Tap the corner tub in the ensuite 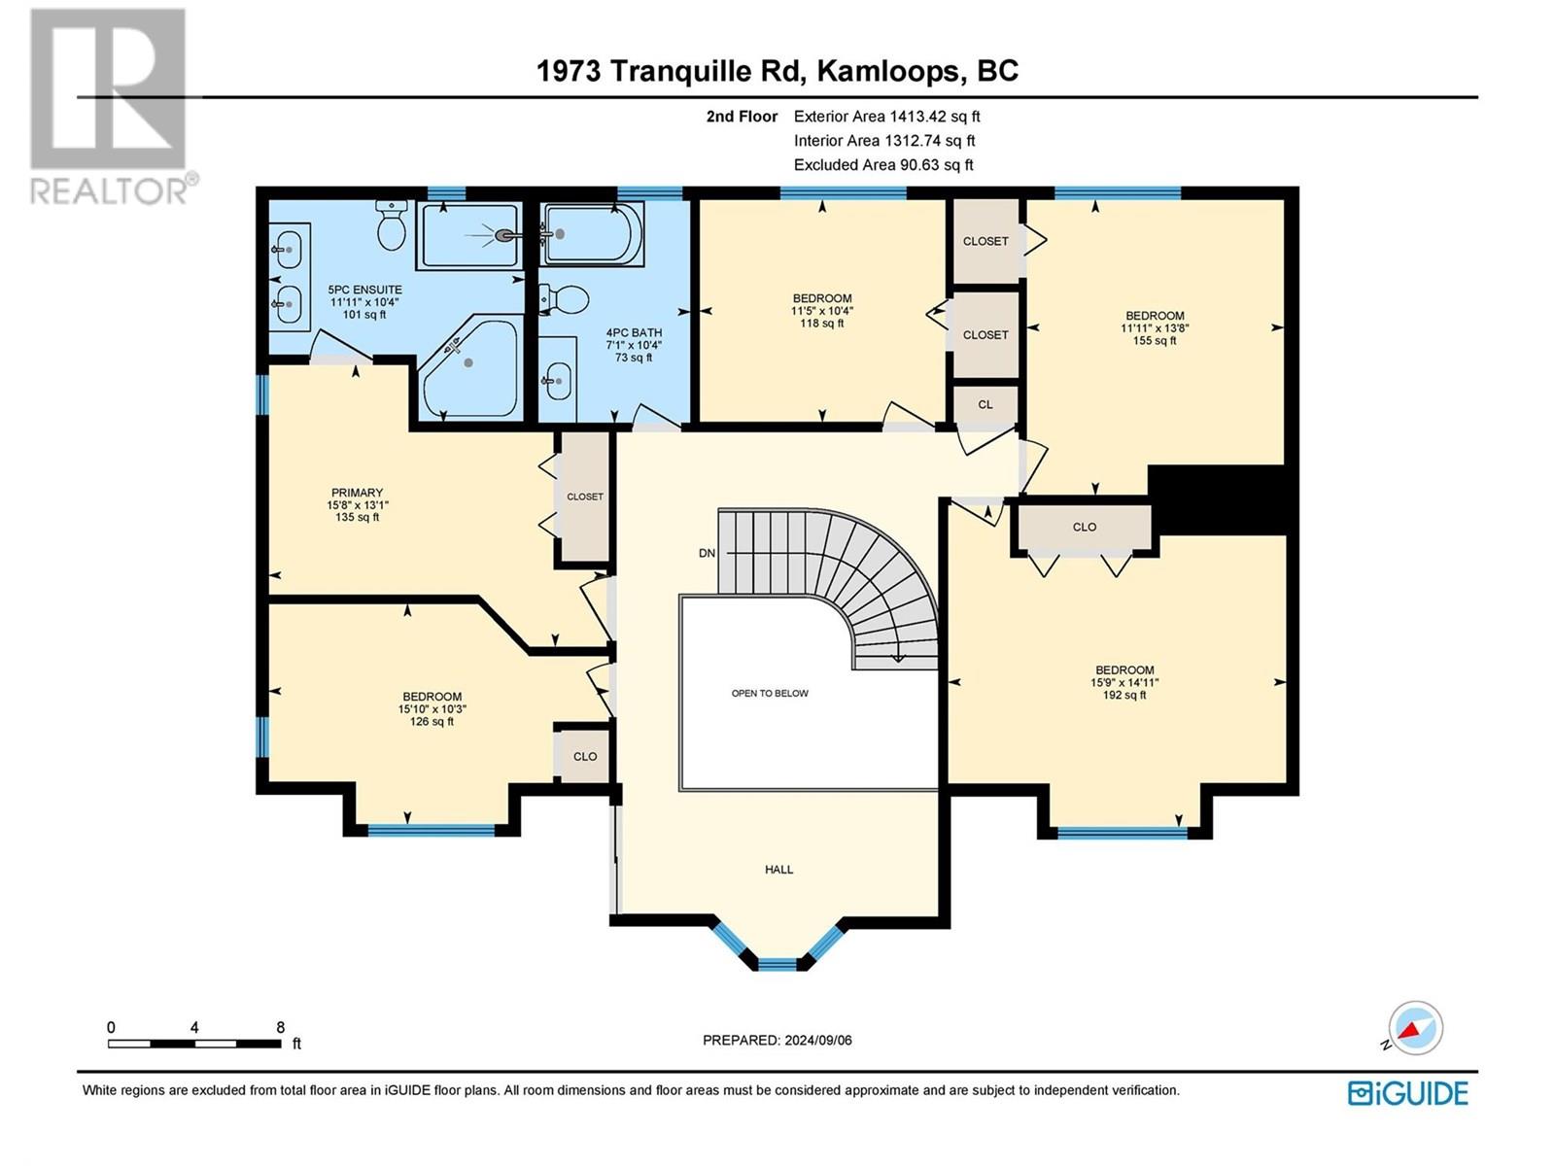tap(468, 364)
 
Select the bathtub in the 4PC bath tap(590, 233)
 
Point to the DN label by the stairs tap(707, 553)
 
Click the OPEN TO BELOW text tap(770, 693)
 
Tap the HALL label tap(778, 870)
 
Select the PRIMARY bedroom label tap(357, 493)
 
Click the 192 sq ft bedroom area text tap(1124, 695)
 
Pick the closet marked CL tap(985, 404)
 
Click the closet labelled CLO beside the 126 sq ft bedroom tap(585, 756)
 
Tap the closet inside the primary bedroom tap(585, 497)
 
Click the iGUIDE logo tap(1407, 1093)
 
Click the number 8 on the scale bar tap(281, 1027)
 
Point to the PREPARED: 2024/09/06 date tap(777, 1040)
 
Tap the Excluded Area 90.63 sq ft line tap(882, 164)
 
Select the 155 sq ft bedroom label tap(1155, 340)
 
